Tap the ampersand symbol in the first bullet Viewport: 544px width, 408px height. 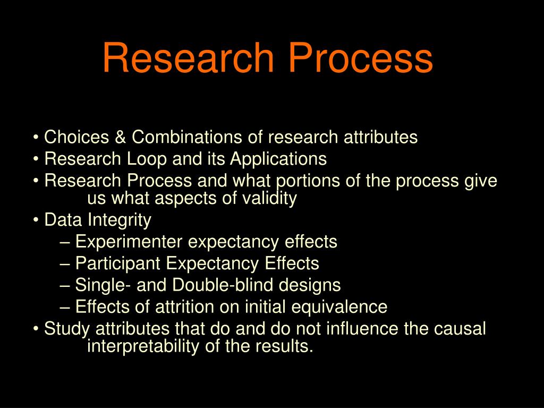point(120,138)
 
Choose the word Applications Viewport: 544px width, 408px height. point(278,159)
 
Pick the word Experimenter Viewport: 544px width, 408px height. point(129,242)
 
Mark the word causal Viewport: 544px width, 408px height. point(460,329)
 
